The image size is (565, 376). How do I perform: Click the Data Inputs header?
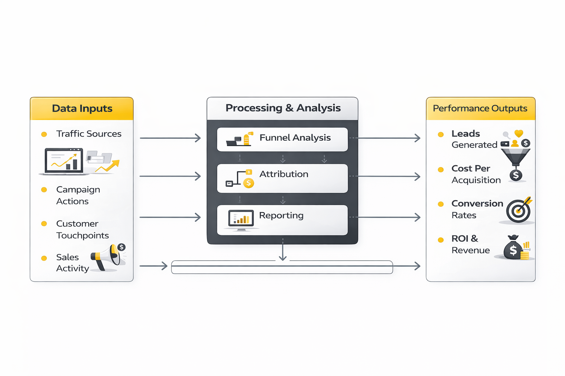pyautogui.click(x=82, y=109)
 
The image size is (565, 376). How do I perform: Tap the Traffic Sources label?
pyautogui.click(x=89, y=134)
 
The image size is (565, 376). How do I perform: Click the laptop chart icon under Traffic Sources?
pyautogui.click(x=64, y=161)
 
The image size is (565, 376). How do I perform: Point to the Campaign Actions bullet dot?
pyautogui.click(x=44, y=190)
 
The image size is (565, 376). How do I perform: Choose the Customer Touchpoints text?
pyautogui.click(x=82, y=229)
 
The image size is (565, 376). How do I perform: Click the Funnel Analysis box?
pyautogui.click(x=282, y=140)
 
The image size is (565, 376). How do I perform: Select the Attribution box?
pyautogui.click(x=282, y=178)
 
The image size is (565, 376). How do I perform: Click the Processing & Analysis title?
pyautogui.click(x=283, y=108)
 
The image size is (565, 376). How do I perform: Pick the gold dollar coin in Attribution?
pyautogui.click(x=249, y=183)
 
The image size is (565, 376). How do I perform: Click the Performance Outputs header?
pyautogui.click(x=480, y=109)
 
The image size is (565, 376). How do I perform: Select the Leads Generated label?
pyautogui.click(x=474, y=139)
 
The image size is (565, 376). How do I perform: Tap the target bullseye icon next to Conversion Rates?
pyautogui.click(x=518, y=211)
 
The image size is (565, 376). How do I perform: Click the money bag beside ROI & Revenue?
pyautogui.click(x=513, y=249)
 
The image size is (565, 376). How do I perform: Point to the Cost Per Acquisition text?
pyautogui.click(x=476, y=174)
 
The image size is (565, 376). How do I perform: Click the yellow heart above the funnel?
pyautogui.click(x=519, y=134)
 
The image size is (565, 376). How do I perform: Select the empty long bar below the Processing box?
pyautogui.click(x=282, y=267)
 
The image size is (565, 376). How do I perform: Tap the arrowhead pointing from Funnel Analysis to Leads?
pyautogui.click(x=417, y=138)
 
